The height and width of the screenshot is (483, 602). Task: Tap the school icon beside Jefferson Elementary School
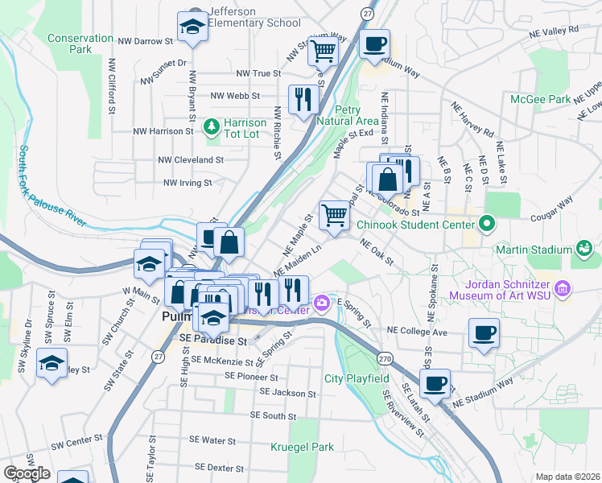coord(193,27)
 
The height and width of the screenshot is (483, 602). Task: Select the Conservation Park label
coord(80,43)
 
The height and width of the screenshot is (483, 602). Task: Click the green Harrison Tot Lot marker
coord(212,126)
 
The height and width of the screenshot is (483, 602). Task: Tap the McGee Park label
coord(541,99)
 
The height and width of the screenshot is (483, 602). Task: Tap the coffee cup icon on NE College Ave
coord(484,332)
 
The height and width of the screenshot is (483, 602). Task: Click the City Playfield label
coord(357,378)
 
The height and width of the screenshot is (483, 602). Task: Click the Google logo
coord(27,473)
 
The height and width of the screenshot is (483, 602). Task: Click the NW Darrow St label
coord(146,40)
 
